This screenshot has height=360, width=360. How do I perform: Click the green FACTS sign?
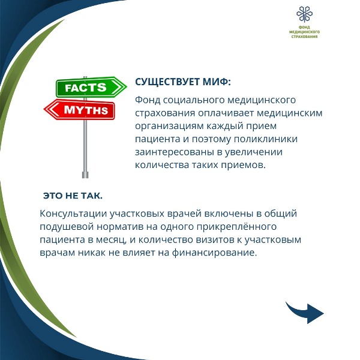coord(91,87)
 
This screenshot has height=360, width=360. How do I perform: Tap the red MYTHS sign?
coord(79,110)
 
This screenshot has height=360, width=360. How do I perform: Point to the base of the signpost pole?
coord(85,175)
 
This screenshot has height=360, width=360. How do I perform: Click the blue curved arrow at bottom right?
coord(304,313)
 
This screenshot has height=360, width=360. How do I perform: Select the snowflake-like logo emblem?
coord(304,14)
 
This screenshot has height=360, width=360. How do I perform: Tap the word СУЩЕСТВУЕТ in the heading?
coord(167,82)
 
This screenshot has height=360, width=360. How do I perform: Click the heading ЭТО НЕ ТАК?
coord(73,196)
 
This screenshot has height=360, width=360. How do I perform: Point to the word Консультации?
coord(73,214)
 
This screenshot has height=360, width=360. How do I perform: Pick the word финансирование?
coord(214,253)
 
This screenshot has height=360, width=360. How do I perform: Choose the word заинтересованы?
coord(174,152)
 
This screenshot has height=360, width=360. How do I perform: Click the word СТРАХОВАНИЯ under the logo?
coord(304,37)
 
